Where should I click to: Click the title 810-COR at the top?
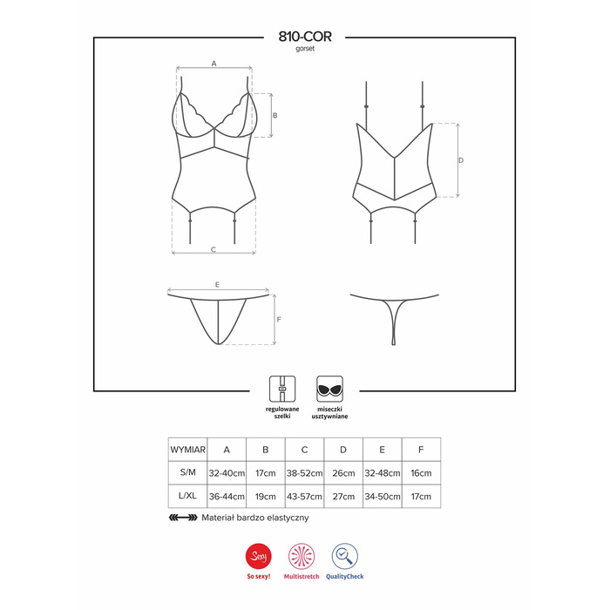[305, 37]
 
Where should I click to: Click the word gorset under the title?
[305, 49]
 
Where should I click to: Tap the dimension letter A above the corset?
[214, 63]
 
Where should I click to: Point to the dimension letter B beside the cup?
[275, 115]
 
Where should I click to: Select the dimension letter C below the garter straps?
[213, 249]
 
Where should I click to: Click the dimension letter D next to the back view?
[461, 160]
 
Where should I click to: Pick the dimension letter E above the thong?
[218, 284]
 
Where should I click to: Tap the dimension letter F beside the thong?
[279, 320]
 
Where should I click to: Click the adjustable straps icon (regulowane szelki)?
[282, 389]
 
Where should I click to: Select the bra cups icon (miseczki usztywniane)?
[329, 389]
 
